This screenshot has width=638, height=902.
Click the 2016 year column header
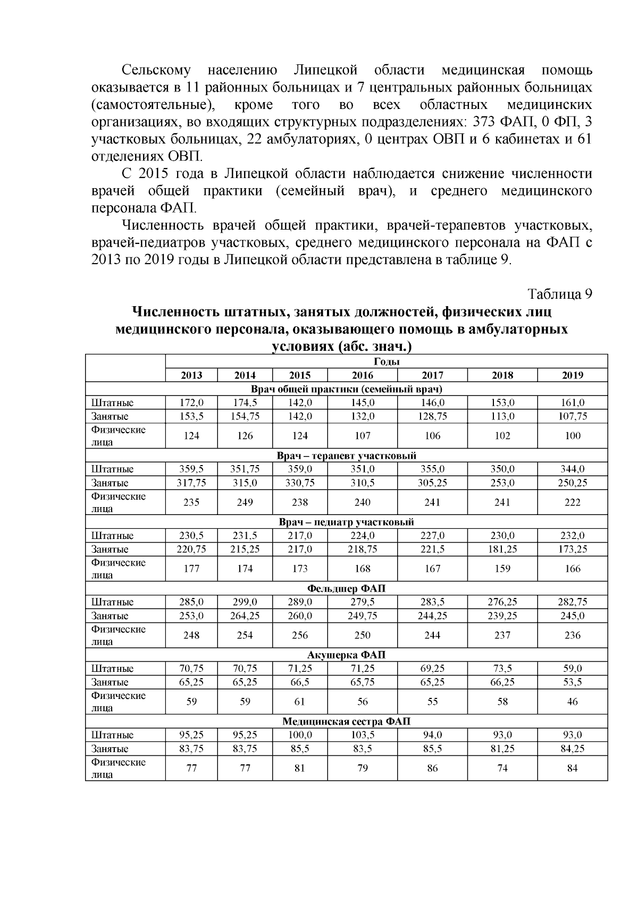pyautogui.click(x=362, y=375)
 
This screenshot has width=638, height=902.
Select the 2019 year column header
pyautogui.click(x=572, y=375)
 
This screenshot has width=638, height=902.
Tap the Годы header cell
pyautogui.click(x=386, y=362)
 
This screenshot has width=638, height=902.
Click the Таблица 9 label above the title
pyautogui.click(x=559, y=294)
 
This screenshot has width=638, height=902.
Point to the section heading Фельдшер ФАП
pyautogui.click(x=346, y=588)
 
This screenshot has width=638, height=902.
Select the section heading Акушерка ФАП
pyautogui.click(x=346, y=655)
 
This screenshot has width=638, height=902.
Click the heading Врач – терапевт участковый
pyautogui.click(x=346, y=456)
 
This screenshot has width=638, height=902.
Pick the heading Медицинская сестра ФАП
pyautogui.click(x=346, y=721)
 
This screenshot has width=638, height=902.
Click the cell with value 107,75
pyautogui.click(x=572, y=416)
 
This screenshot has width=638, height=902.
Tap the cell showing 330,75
pyautogui.click(x=300, y=483)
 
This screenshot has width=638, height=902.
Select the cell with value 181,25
pyautogui.click(x=502, y=549)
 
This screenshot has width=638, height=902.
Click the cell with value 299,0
pyautogui.click(x=245, y=602)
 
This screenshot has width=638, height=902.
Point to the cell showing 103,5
pyautogui.click(x=362, y=735)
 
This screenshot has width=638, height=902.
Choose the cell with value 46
pyautogui.click(x=572, y=702)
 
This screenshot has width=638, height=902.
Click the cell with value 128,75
pyautogui.click(x=433, y=416)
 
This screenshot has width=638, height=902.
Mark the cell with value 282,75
pyautogui.click(x=572, y=602)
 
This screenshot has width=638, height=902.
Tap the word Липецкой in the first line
pyautogui.click(x=325, y=70)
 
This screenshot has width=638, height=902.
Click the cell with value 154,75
pyautogui.click(x=245, y=416)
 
